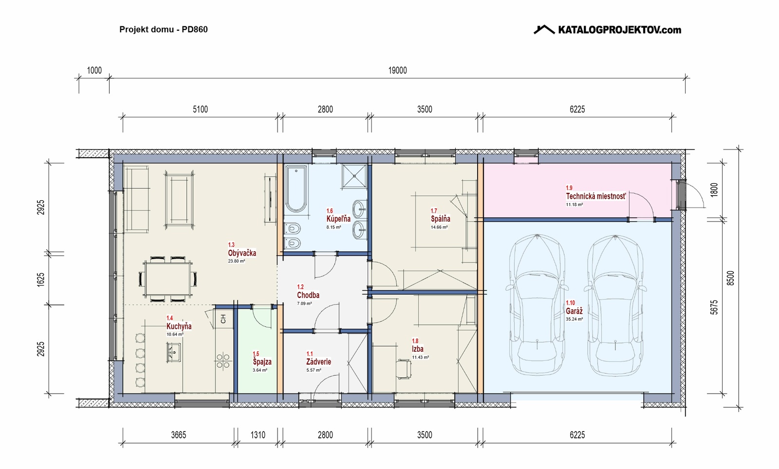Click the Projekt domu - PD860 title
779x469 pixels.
click(164, 29)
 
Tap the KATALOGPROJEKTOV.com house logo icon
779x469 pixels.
click(544, 30)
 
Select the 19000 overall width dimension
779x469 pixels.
click(397, 70)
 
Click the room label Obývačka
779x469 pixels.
click(242, 253)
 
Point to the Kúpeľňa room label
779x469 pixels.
click(338, 219)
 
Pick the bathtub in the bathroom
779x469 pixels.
click(296, 188)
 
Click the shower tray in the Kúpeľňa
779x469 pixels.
click(354, 176)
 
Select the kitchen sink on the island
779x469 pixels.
click(173, 353)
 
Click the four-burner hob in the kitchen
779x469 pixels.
click(223, 360)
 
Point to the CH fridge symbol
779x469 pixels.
click(223, 319)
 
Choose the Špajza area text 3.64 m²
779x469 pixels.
click(260, 370)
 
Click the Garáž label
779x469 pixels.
click(574, 311)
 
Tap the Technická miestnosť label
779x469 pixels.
click(596, 196)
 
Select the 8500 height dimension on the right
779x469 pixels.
click(731, 278)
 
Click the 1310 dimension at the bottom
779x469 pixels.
click(258, 435)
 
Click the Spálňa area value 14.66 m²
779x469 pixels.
click(439, 227)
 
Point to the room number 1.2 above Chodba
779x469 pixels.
click(300, 287)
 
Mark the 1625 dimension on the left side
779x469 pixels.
click(41, 280)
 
